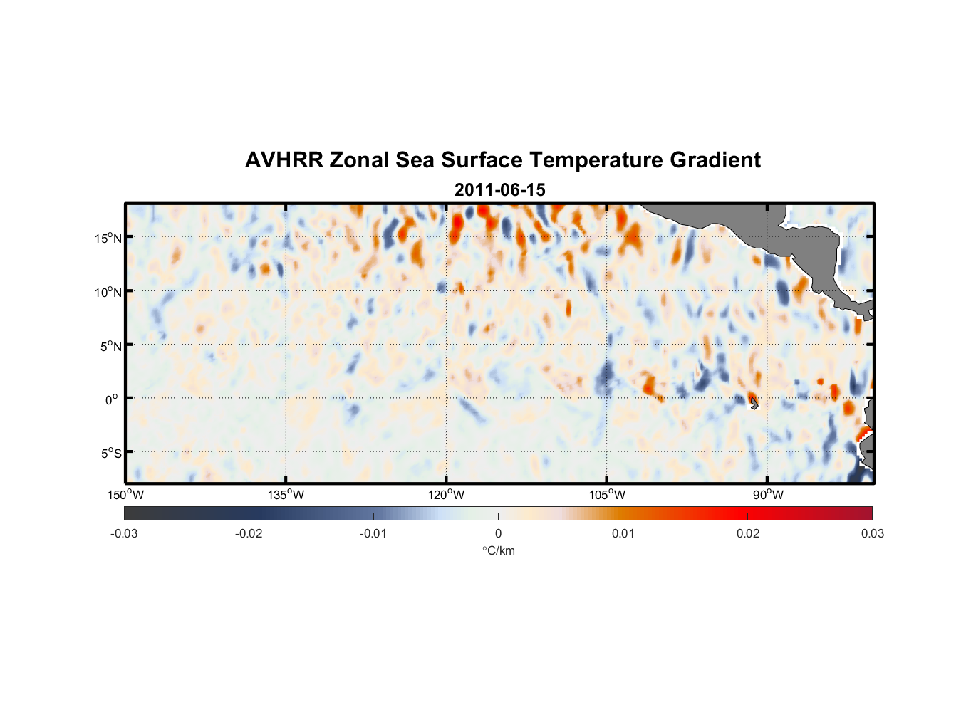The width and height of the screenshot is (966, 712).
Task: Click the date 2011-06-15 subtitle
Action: [x=499, y=190]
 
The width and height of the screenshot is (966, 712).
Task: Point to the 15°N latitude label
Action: [x=108, y=238]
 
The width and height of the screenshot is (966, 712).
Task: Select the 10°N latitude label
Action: [x=108, y=292]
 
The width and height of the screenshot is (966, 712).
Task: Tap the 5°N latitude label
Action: [x=110, y=346]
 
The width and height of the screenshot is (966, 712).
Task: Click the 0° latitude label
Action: [x=112, y=399]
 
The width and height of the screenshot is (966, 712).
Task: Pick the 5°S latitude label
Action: [x=110, y=454]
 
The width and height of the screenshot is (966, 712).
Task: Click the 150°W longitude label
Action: [x=125, y=495]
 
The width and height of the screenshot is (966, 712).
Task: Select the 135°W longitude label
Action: [x=286, y=495]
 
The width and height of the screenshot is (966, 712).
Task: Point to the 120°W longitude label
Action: [x=447, y=495]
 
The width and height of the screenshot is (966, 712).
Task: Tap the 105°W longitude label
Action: [x=607, y=495]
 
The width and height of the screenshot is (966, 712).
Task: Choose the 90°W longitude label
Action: [x=768, y=495]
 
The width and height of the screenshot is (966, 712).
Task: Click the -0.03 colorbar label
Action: [x=124, y=533]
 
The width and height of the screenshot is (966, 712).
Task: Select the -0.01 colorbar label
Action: [x=373, y=533]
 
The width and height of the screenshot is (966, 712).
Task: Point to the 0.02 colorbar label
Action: [x=748, y=533]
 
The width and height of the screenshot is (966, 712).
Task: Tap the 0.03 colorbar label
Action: [x=872, y=533]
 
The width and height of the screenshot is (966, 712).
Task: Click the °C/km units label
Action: [x=499, y=550]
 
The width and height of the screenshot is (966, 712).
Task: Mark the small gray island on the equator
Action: [x=754, y=404]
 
